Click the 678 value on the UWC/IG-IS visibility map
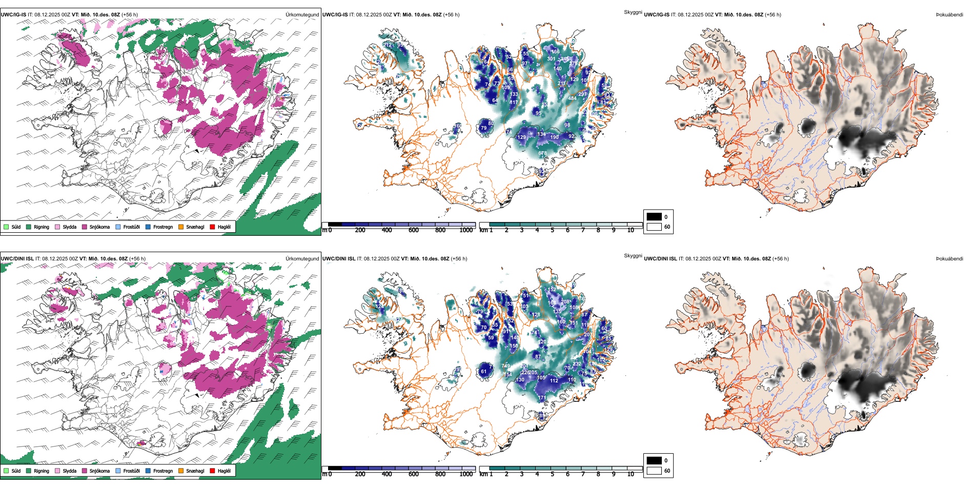point(543,153)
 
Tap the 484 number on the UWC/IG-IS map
point(572,98)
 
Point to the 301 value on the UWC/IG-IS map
point(551,59)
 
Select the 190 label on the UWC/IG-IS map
point(554,137)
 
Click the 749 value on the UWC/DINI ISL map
point(506,366)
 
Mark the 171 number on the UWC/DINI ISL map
point(542,398)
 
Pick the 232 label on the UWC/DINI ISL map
point(577,364)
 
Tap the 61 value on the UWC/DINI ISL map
point(484,372)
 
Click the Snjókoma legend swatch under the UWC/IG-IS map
point(85,227)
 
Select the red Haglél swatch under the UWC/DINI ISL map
point(212,471)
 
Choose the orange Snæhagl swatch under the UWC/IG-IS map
point(181,227)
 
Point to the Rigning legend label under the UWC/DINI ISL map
point(42,471)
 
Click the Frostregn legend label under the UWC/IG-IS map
point(163,227)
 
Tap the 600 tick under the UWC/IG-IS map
point(413,230)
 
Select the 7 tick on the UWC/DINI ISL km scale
point(583,474)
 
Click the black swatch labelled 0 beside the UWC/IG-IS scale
point(654,217)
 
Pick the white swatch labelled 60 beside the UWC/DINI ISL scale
point(654,471)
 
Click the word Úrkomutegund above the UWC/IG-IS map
point(302,15)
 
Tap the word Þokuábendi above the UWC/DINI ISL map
point(949,259)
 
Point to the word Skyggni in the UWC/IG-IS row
point(633,12)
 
